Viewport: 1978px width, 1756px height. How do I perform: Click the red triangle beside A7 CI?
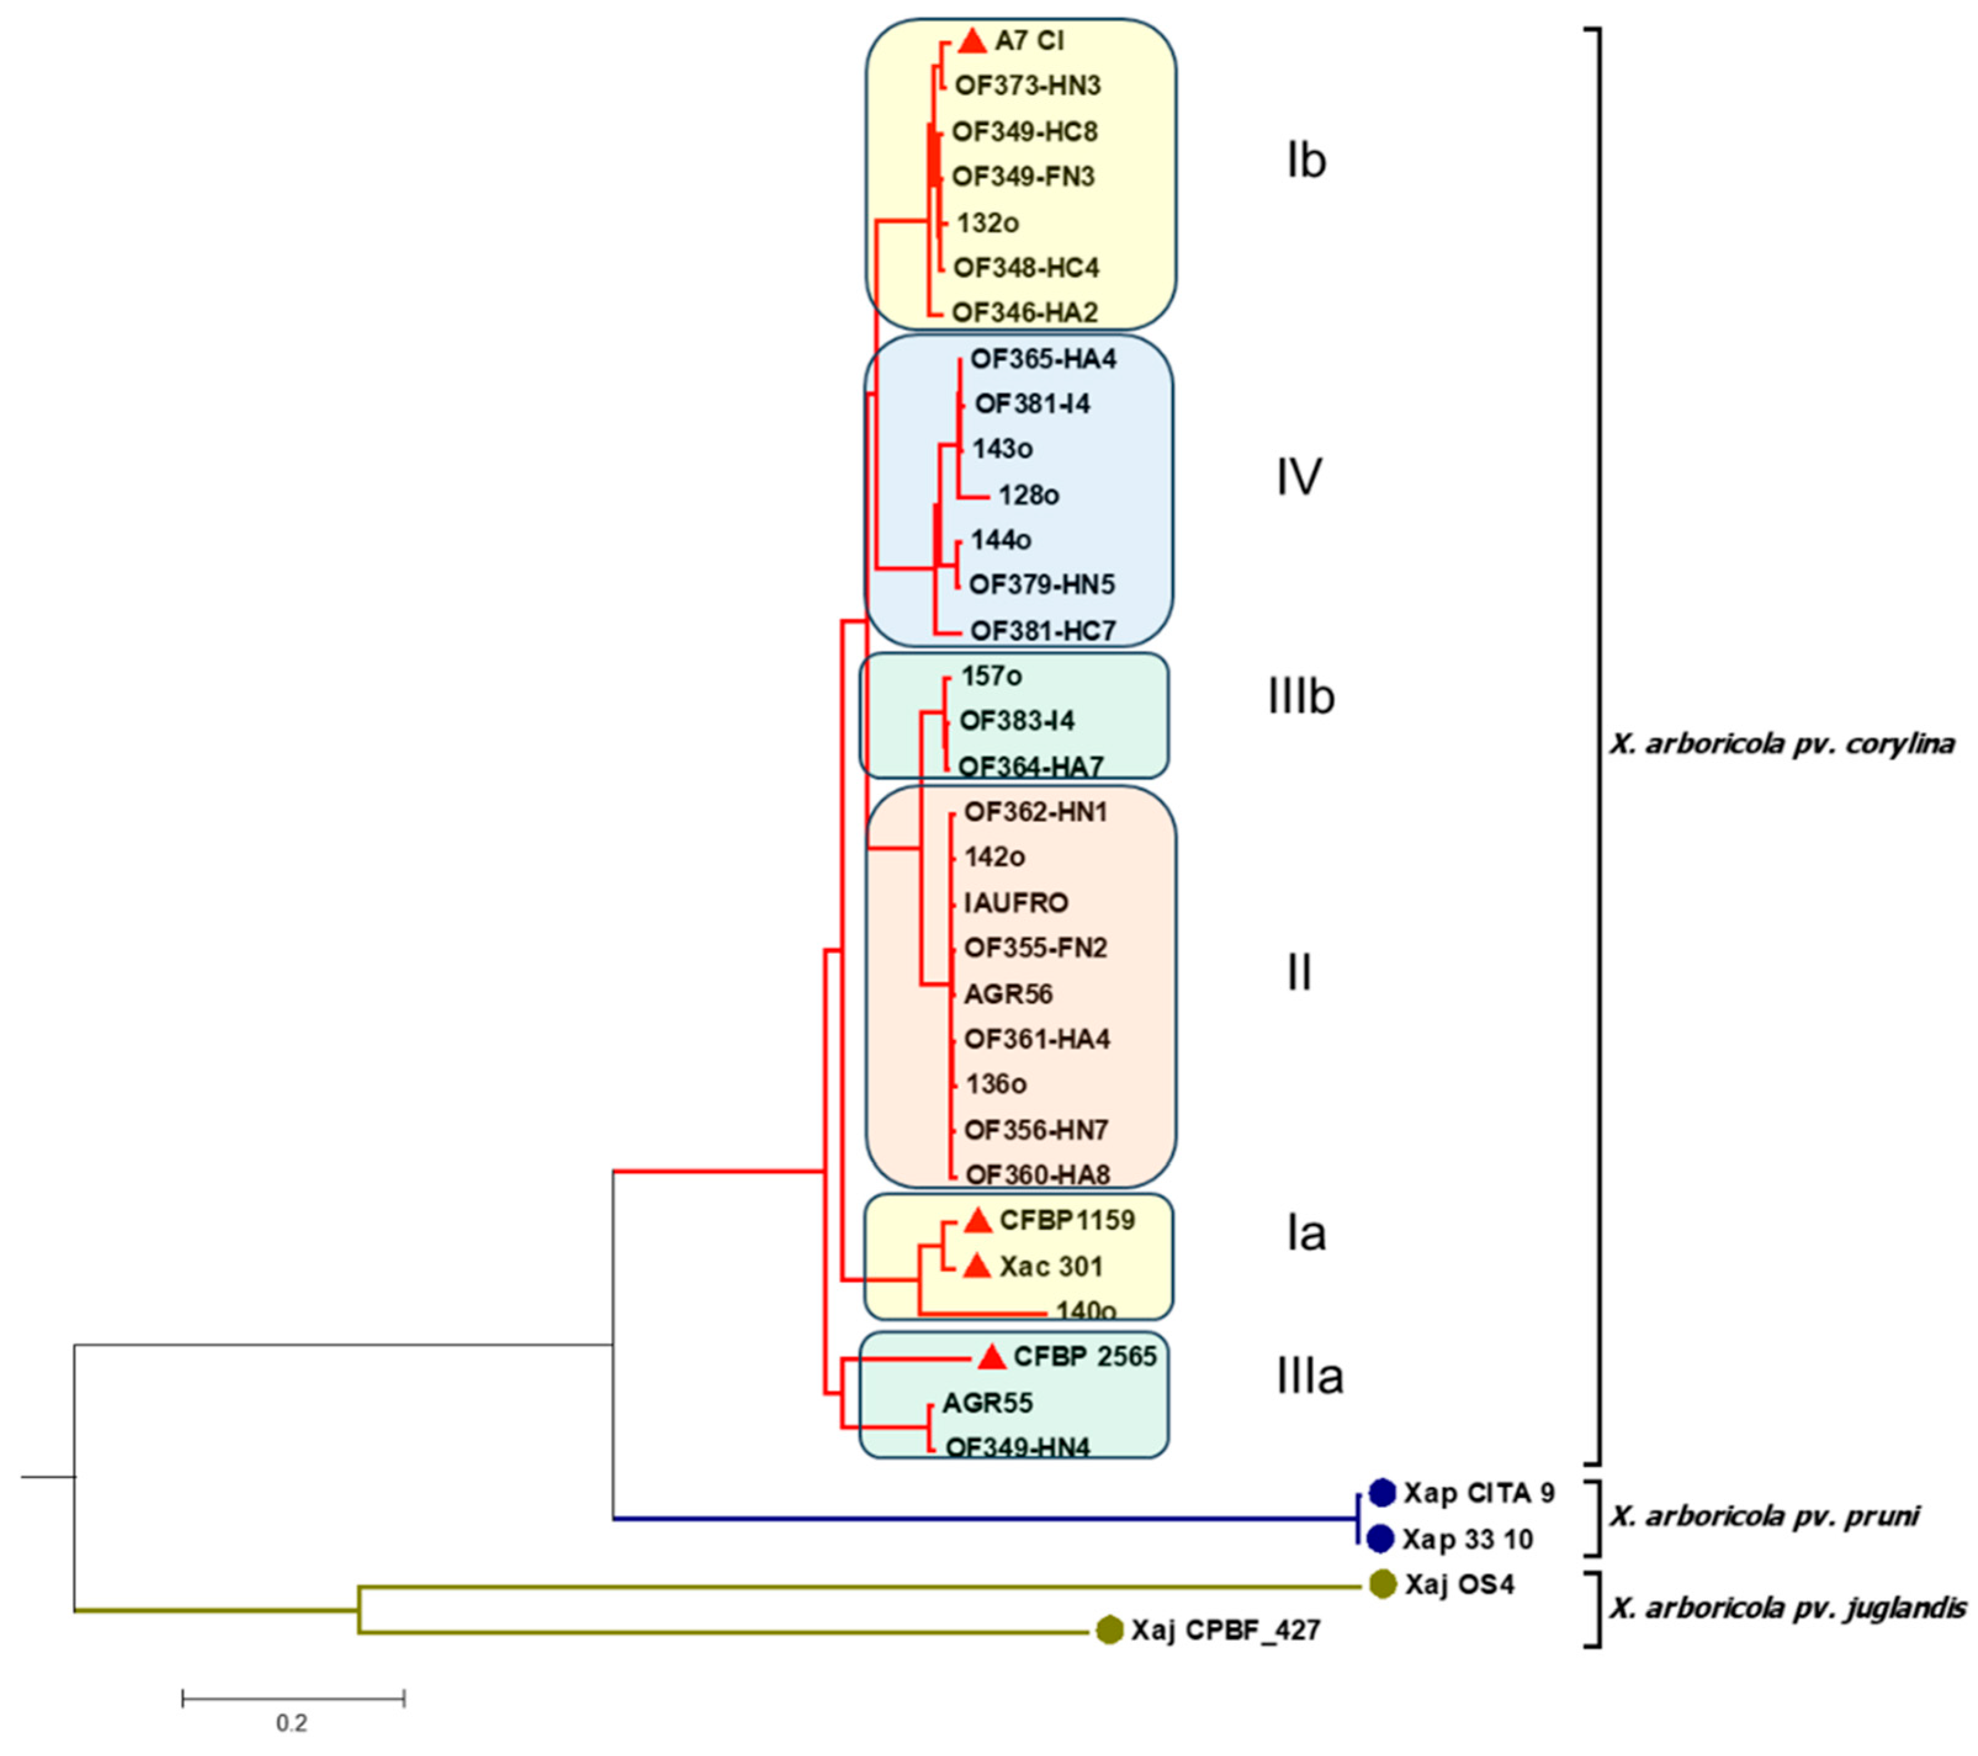(972, 42)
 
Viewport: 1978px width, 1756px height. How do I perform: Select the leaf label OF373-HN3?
(1028, 86)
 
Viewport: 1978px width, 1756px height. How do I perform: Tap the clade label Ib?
(1306, 161)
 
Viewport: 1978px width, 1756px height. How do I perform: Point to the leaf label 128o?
(1028, 495)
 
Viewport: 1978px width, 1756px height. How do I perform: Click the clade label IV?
(1299, 477)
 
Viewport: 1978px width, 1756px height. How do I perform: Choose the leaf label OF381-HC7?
(1043, 631)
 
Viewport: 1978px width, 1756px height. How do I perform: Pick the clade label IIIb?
(1301, 697)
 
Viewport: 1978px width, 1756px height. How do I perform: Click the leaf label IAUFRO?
(1016, 903)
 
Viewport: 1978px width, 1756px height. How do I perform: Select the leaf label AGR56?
(1008, 994)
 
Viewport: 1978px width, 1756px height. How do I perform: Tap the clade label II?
(1300, 972)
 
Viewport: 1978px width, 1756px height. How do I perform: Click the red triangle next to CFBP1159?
(979, 1221)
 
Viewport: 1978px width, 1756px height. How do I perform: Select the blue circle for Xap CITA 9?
(1382, 1493)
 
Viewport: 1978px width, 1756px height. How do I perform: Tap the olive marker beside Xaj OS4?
(1382, 1583)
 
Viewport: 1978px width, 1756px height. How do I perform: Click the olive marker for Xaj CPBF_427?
(1109, 1630)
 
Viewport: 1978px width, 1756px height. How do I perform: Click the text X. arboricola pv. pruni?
(1763, 1516)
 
